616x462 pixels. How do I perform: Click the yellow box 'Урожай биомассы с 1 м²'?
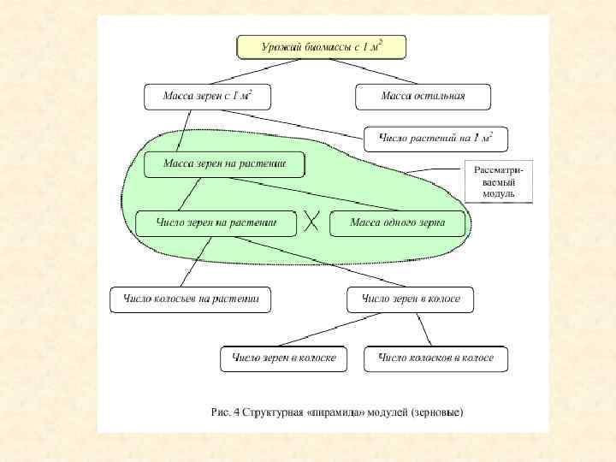[321, 47]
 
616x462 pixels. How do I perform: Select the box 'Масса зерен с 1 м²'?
[207, 97]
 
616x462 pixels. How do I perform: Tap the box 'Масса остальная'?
[423, 97]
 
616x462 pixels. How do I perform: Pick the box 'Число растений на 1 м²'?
[435, 138]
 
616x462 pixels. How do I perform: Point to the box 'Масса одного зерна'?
[399, 224]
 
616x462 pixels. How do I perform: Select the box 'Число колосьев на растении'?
[190, 299]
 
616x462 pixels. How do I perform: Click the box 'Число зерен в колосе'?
[411, 299]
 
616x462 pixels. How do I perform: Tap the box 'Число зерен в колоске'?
[284, 358]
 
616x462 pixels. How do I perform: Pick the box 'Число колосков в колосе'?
[435, 358]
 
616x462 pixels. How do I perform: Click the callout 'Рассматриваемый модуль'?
[499, 181]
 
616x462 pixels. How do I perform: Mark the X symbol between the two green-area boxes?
[311, 222]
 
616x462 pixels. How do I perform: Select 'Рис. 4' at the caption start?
[225, 412]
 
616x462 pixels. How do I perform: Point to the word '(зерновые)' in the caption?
[436, 412]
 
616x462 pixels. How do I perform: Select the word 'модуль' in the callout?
[499, 194]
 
